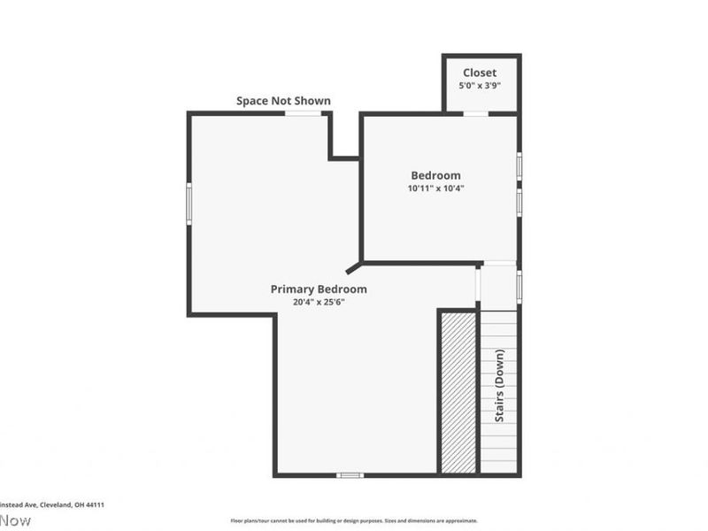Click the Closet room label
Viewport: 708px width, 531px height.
480,73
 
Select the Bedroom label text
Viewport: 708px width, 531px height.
435,175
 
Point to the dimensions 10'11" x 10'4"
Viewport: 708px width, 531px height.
435,189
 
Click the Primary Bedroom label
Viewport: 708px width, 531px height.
319,289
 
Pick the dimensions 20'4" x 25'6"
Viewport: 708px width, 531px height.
319,302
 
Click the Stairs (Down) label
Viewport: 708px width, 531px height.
500,386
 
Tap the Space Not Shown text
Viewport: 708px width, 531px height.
283,101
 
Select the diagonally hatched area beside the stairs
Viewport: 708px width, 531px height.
458,392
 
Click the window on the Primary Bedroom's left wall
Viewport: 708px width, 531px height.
189,203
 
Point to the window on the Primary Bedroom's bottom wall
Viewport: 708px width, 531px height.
350,475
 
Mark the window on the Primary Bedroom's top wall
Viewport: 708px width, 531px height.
303,113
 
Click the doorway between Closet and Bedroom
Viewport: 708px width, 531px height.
476,113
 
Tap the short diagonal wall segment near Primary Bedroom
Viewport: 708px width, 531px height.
353,266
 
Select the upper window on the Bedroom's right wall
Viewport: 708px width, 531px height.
519,165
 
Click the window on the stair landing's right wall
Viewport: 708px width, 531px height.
519,286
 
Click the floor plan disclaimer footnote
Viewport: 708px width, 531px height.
354,520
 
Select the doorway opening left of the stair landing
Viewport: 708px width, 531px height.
478,286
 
